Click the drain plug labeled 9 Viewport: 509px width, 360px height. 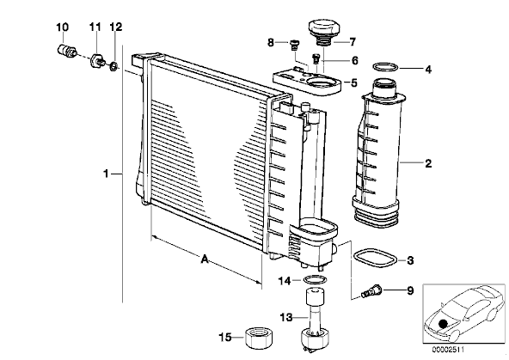(371, 290)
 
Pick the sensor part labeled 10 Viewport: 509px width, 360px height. (67, 52)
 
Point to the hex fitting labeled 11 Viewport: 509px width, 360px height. (97, 60)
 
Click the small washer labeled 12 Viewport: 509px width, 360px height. (113, 66)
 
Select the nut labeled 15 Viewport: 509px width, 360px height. (259, 338)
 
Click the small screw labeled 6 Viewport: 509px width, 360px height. (316, 59)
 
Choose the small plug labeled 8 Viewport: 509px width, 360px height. (295, 45)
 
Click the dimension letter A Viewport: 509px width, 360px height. (205, 259)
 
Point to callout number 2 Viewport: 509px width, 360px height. (428, 163)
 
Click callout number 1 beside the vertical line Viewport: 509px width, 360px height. (106, 174)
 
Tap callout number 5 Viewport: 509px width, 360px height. (354, 82)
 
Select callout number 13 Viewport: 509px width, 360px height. (286, 317)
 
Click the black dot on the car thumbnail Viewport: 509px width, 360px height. (443, 323)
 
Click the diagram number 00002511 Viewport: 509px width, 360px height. (448, 350)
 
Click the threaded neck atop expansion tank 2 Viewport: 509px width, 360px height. (384, 88)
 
